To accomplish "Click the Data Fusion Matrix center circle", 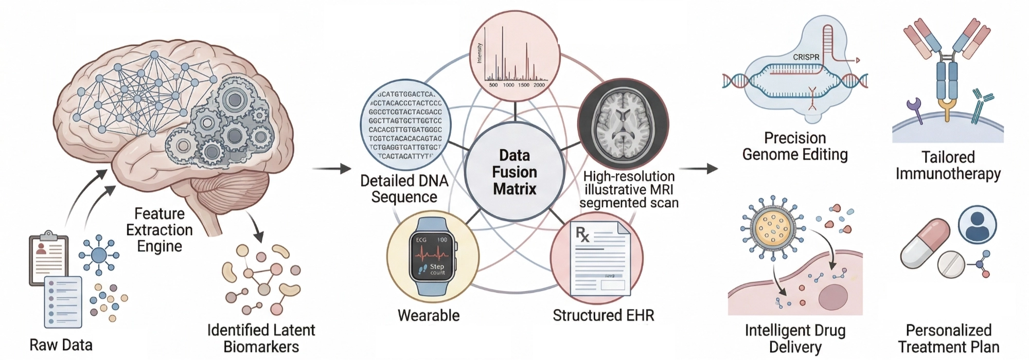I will point(514,172).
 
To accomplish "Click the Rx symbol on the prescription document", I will point(582,235).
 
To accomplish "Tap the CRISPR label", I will point(806,57).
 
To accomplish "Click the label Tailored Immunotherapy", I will point(948,165).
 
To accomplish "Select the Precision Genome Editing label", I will point(795,146).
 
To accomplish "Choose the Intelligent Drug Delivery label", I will point(795,338).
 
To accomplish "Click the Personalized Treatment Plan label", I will point(948,338).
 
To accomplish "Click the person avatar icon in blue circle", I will point(977,225).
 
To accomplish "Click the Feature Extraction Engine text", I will point(159,230).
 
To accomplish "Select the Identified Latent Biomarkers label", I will point(261,338).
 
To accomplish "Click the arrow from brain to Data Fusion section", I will point(331,169).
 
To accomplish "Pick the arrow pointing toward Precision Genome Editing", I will point(698,169).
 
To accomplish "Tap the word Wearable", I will point(429,315).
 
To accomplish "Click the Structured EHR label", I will point(603,315).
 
